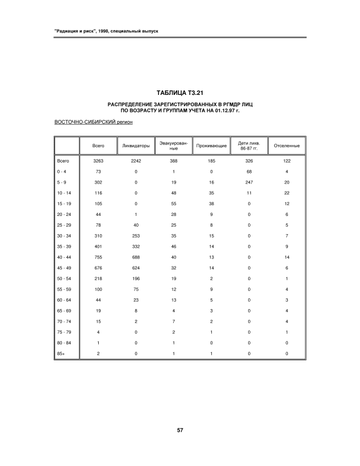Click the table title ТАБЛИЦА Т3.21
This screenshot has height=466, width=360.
tap(180, 93)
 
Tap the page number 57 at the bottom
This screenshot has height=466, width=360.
tap(179, 430)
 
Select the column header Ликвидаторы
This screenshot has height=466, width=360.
tap(136, 146)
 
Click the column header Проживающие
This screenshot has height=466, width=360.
tap(211, 146)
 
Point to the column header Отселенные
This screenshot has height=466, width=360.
tap(287, 146)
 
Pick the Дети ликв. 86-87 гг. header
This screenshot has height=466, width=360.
tap(249, 146)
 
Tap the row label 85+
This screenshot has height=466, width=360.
tap(61, 353)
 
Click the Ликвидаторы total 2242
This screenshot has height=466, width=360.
tap(136, 161)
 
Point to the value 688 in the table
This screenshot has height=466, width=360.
tap(136, 257)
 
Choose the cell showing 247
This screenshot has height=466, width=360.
tap(249, 182)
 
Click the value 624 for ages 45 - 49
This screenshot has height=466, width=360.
tap(136, 268)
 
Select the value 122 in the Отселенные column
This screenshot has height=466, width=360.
tap(287, 161)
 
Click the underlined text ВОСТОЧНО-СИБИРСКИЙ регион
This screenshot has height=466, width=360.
tap(93, 122)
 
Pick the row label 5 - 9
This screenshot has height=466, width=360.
tap(61, 182)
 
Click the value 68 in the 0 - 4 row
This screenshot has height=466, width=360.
tap(249, 171)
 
